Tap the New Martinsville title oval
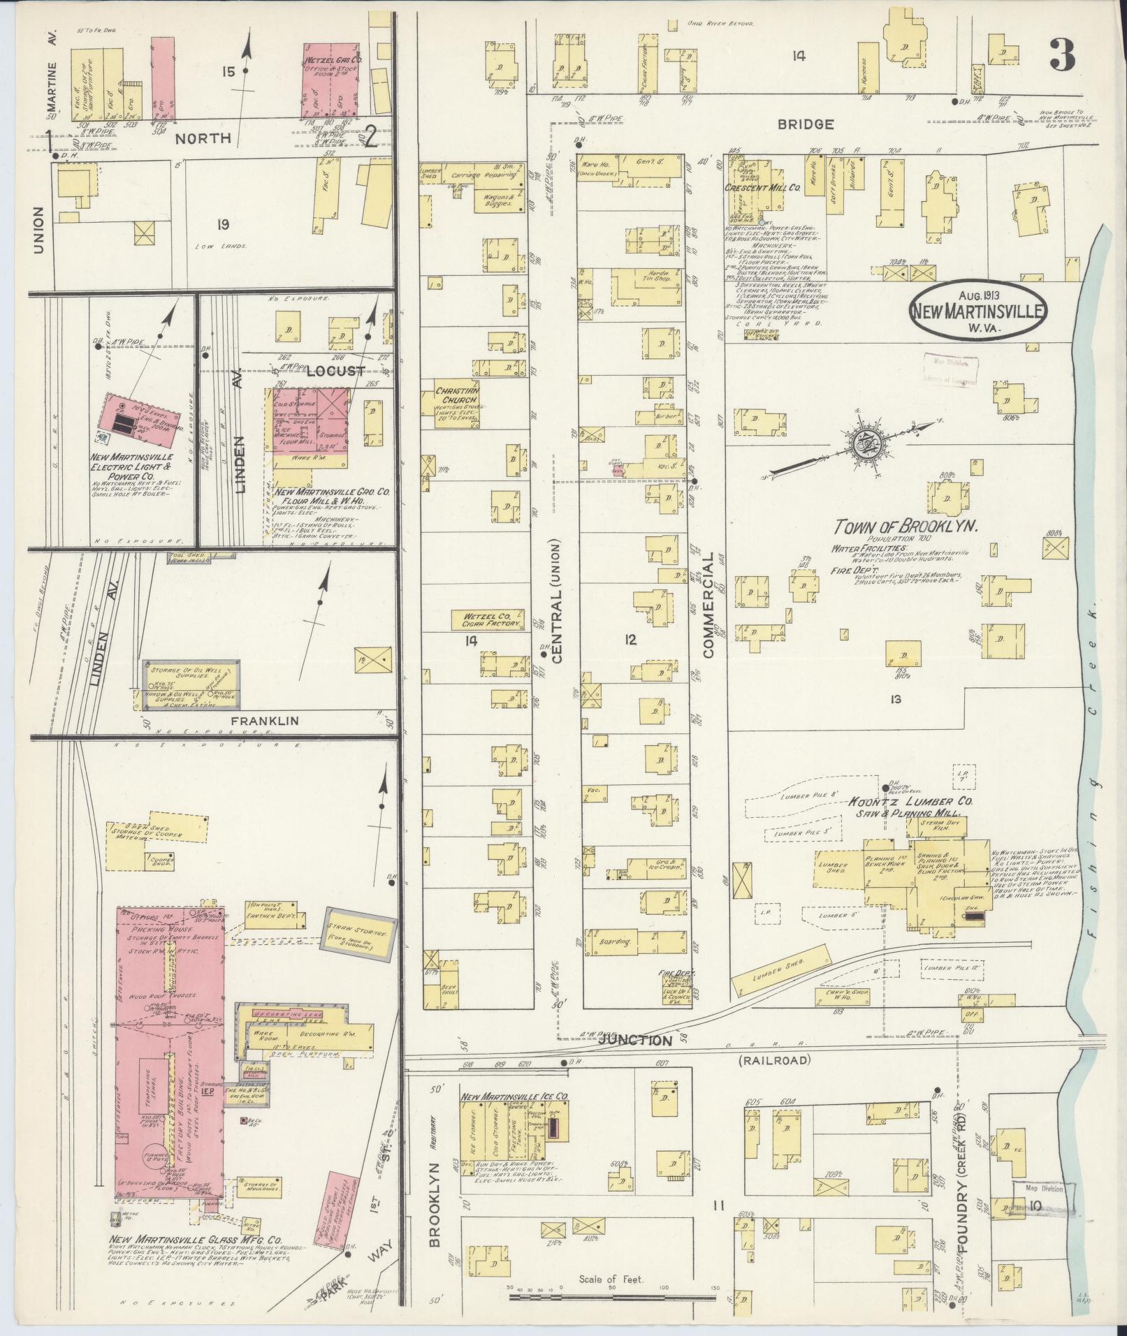click(x=978, y=310)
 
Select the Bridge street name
click(x=814, y=124)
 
